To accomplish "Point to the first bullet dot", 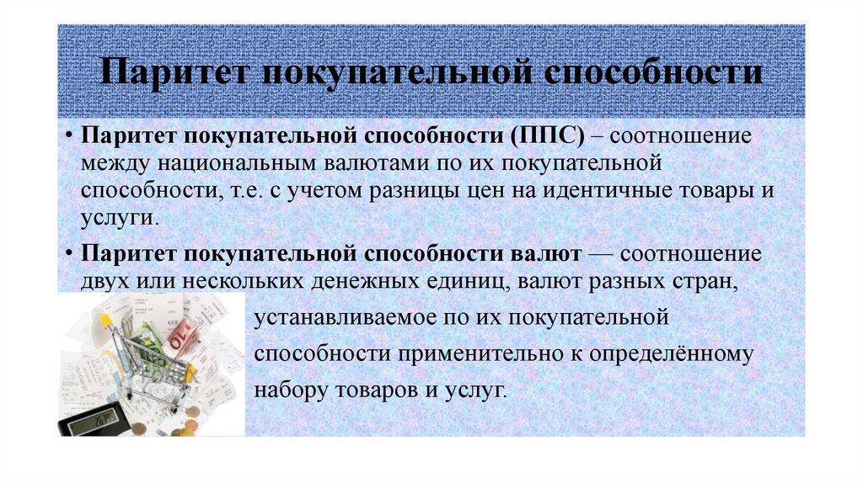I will click(70, 137).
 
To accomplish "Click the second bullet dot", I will click(70, 253).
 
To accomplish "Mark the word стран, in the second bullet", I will click(703, 279).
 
